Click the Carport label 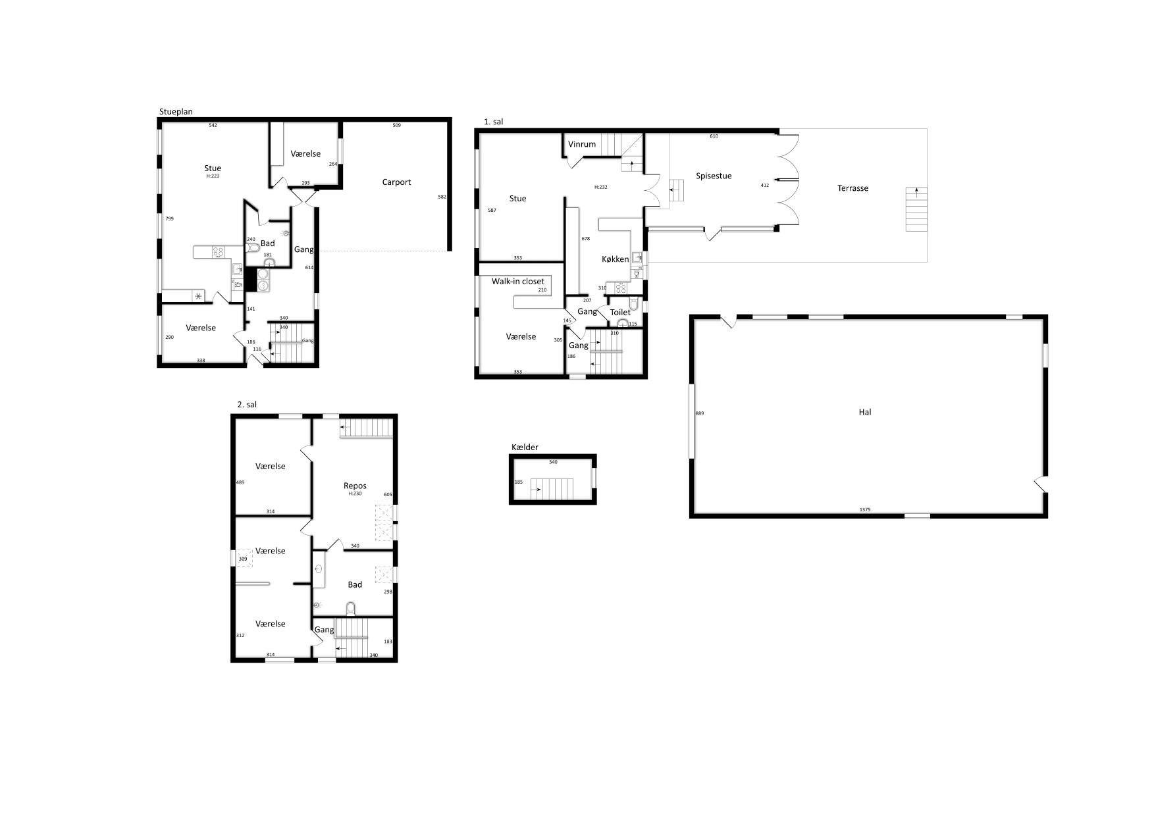pyautogui.click(x=396, y=182)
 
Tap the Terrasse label pyautogui.click(x=852, y=188)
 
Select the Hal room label pyautogui.click(x=865, y=412)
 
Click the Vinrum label pyautogui.click(x=582, y=144)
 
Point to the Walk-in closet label pyautogui.click(x=518, y=282)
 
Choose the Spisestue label pyautogui.click(x=714, y=176)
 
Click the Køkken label pyautogui.click(x=616, y=259)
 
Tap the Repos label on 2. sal pyautogui.click(x=355, y=486)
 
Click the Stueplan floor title pyautogui.click(x=176, y=112)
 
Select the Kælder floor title pyautogui.click(x=525, y=447)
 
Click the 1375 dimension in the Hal pyautogui.click(x=865, y=510)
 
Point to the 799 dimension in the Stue pyautogui.click(x=169, y=218)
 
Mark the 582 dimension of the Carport pyautogui.click(x=442, y=197)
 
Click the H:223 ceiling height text pyautogui.click(x=213, y=176)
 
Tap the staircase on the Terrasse pyautogui.click(x=916, y=209)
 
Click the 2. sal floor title pyautogui.click(x=247, y=405)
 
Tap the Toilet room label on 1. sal pyautogui.click(x=620, y=313)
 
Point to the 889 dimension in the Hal pyautogui.click(x=700, y=413)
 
